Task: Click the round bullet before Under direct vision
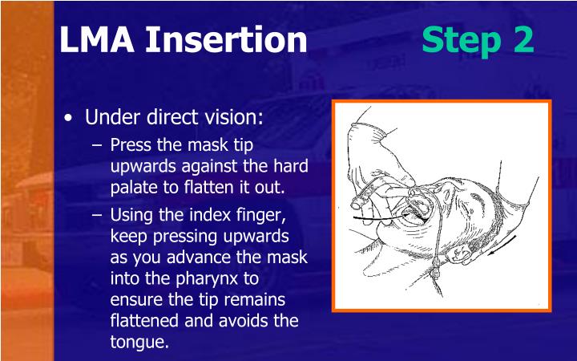pyautogui.click(x=71, y=118)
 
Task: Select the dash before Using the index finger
pyautogui.click(x=99, y=215)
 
